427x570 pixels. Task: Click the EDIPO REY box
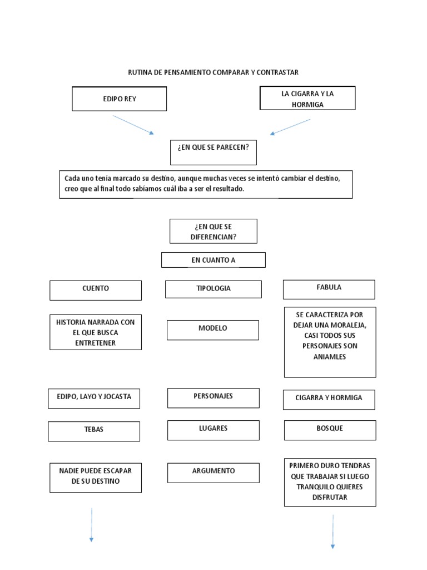(x=119, y=99)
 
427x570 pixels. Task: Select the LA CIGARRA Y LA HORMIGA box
(x=307, y=99)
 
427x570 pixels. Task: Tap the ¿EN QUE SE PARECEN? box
(x=213, y=152)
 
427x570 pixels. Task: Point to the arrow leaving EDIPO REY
(x=133, y=125)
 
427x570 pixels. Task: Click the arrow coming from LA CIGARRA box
(x=290, y=127)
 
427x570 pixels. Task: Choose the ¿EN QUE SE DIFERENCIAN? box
(x=213, y=230)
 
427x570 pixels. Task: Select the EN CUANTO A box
(x=213, y=259)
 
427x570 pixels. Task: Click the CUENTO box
(x=96, y=289)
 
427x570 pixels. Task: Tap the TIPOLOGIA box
(x=213, y=289)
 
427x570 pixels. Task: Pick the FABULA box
(x=329, y=288)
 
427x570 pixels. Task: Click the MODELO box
(x=212, y=329)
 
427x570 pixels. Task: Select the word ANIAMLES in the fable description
(x=330, y=357)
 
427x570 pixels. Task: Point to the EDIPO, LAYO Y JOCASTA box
(x=93, y=397)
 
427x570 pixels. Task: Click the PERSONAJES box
(x=213, y=397)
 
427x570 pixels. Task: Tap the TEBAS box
(x=93, y=430)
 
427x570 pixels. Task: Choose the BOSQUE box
(x=330, y=429)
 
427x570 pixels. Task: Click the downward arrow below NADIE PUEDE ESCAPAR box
(x=91, y=524)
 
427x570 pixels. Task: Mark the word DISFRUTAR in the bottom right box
(x=330, y=498)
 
